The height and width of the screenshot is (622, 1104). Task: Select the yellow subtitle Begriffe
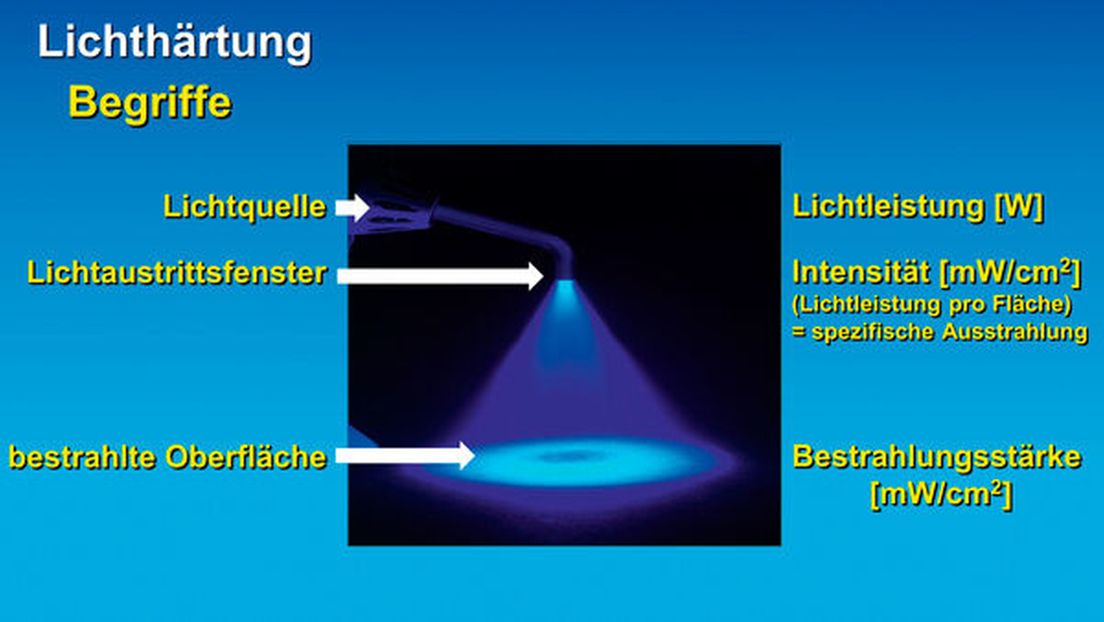click(x=150, y=102)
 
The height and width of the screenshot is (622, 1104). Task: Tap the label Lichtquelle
click(x=245, y=207)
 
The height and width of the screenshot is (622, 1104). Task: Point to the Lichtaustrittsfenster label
click(x=177, y=273)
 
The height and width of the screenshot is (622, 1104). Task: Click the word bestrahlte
click(x=83, y=457)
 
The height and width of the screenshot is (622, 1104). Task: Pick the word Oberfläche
click(x=246, y=457)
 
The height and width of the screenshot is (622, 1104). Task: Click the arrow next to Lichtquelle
click(x=353, y=208)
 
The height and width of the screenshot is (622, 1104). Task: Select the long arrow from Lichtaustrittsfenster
click(x=440, y=276)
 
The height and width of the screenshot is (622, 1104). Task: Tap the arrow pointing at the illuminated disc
click(x=406, y=455)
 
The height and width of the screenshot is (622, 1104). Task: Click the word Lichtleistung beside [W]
click(x=888, y=206)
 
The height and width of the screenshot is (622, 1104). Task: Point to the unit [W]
click(x=1019, y=206)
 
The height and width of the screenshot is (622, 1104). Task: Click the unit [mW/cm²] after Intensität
click(x=1010, y=272)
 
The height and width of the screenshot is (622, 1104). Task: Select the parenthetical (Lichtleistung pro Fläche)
click(x=932, y=304)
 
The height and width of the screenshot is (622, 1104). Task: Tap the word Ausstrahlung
click(x=1015, y=333)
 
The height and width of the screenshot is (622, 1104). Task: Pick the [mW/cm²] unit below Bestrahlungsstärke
click(x=941, y=495)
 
